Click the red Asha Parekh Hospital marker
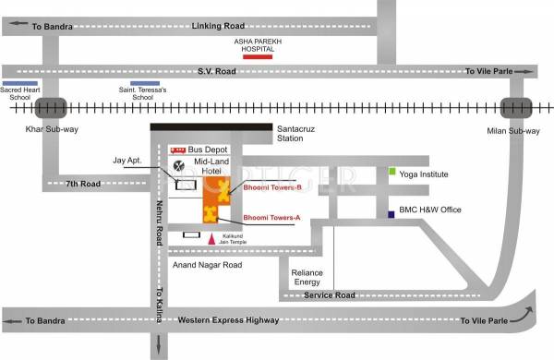[x=257, y=56]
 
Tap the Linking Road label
[x=217, y=26]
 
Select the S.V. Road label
[x=217, y=70]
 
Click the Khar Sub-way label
[x=52, y=129]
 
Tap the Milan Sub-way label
[x=512, y=129]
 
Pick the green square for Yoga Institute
[x=392, y=172]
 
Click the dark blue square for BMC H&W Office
[x=392, y=214]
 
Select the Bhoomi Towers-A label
[x=271, y=219]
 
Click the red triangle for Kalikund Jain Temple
[x=212, y=238]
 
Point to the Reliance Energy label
[x=307, y=278]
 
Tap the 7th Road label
[x=82, y=184]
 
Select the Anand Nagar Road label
[x=207, y=265]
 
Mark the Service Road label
[x=331, y=295]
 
